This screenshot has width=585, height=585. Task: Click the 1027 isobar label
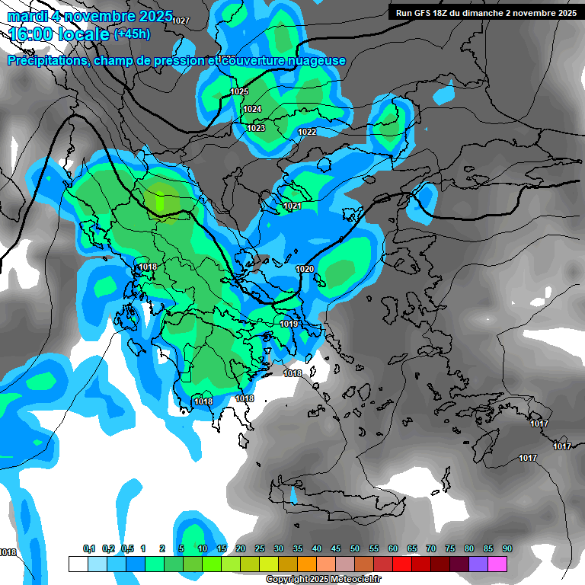click(x=181, y=21)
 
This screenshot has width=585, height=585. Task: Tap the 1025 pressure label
click(x=239, y=91)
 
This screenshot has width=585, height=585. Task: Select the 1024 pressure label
click(x=252, y=110)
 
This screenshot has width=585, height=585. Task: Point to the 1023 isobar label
click(x=256, y=128)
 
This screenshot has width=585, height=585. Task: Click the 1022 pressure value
click(x=307, y=133)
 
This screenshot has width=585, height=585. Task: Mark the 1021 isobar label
click(x=292, y=206)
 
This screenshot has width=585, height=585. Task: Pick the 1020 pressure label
click(x=305, y=269)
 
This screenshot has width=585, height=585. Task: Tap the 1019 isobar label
click(x=289, y=324)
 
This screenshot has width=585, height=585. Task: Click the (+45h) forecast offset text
click(x=132, y=34)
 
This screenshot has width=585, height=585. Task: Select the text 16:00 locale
click(x=59, y=34)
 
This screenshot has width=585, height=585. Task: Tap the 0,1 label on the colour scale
click(x=89, y=549)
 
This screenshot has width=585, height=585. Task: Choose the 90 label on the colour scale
click(x=507, y=549)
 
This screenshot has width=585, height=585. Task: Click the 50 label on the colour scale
click(x=355, y=549)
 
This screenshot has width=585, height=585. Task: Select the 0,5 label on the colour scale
click(x=127, y=549)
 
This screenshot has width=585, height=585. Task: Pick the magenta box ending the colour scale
click(x=497, y=564)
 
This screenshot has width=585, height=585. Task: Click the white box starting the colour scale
click(x=78, y=564)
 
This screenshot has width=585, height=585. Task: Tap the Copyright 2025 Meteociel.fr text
click(x=323, y=580)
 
